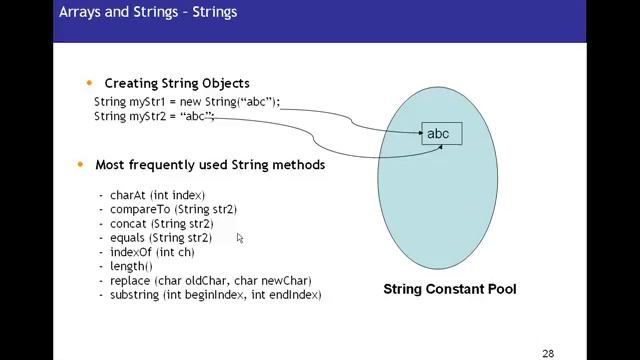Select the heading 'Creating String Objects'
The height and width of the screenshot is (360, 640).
click(x=177, y=83)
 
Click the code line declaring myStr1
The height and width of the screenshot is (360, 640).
click(x=187, y=102)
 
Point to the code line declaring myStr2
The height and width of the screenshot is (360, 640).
click(x=154, y=116)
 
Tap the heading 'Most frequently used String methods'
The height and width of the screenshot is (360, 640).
click(x=210, y=164)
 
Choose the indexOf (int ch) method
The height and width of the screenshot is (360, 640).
click(x=152, y=253)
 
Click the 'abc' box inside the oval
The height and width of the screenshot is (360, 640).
click(x=438, y=134)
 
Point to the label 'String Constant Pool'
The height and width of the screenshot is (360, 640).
click(x=450, y=290)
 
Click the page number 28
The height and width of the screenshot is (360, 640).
click(x=548, y=353)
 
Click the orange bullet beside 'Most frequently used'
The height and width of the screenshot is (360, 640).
click(x=80, y=164)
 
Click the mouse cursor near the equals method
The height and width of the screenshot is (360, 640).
click(x=240, y=238)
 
